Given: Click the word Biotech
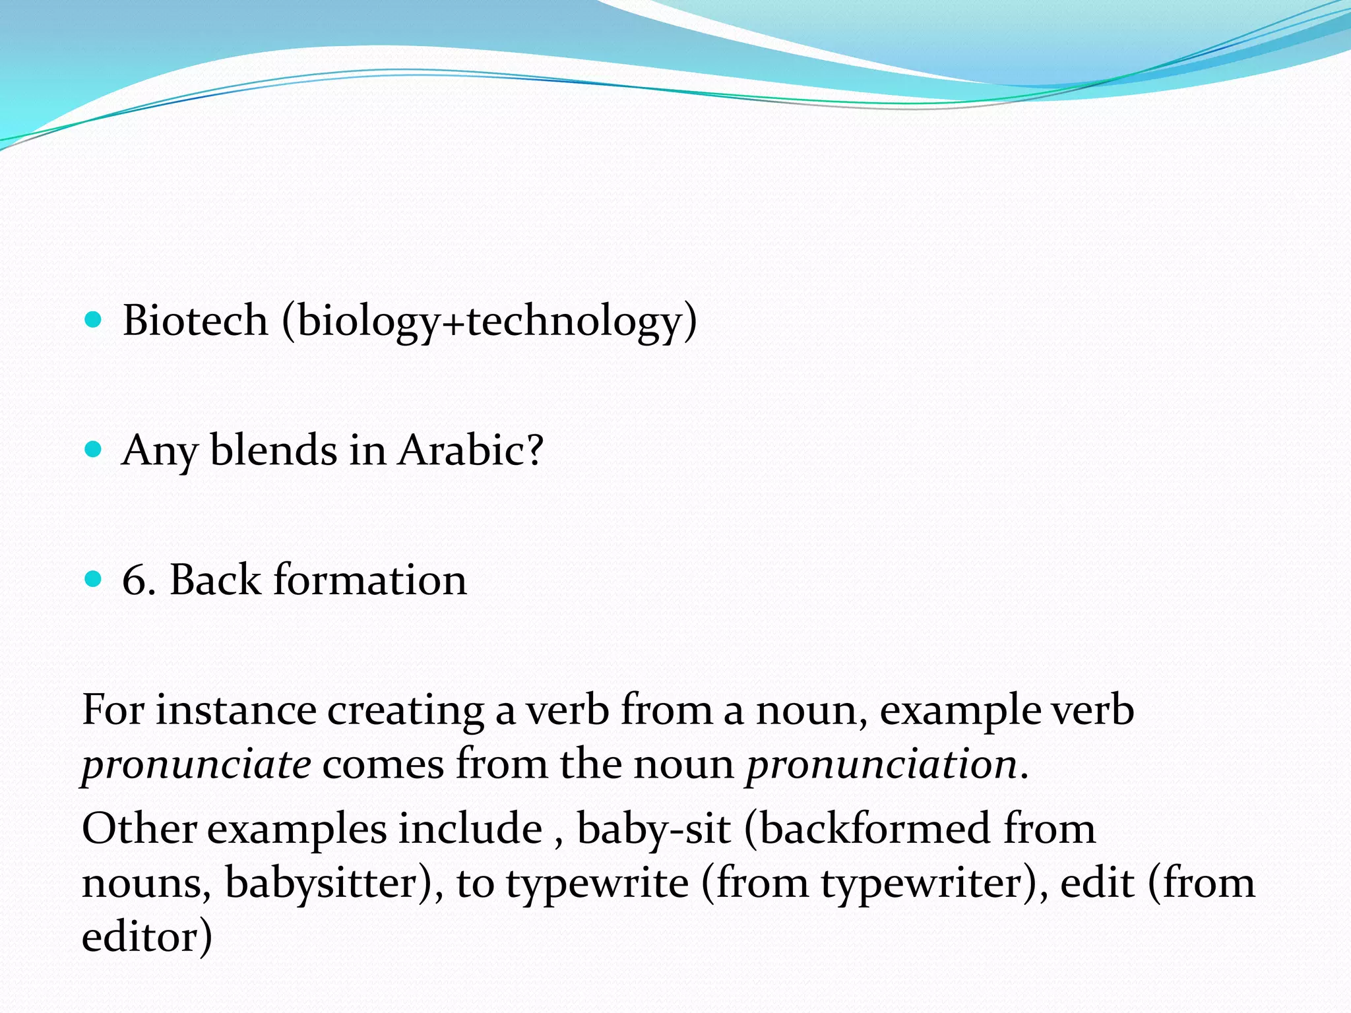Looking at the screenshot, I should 195,321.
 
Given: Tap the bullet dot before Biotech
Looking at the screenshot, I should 94,321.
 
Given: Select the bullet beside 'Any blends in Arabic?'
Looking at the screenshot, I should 94,450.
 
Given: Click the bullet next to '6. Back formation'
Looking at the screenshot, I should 94,580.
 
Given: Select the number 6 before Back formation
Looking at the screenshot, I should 135,580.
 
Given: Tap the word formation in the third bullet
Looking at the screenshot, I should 370,580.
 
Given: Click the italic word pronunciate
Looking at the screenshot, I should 196,765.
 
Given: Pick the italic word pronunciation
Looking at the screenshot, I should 881,765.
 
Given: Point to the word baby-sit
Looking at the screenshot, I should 653,829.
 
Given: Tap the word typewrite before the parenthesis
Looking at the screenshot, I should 598,883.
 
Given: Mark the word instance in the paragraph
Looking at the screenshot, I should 236,710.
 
